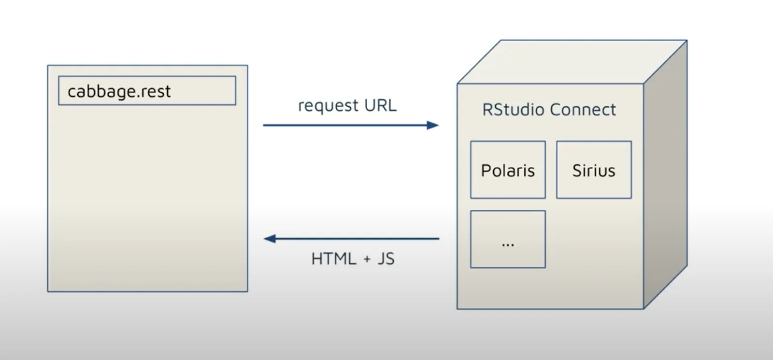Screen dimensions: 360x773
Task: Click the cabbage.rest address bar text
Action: pos(119,91)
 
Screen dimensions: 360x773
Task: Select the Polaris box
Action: pos(508,170)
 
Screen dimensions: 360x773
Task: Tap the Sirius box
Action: pos(594,170)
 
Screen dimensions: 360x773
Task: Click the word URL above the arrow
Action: pos(380,105)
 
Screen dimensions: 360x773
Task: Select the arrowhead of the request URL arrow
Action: pos(433,125)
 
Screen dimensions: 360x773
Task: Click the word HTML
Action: pos(333,259)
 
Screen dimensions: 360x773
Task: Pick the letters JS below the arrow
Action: pos(386,259)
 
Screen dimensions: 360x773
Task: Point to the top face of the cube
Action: pos(570,62)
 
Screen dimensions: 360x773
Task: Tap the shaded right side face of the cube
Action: pos(665,174)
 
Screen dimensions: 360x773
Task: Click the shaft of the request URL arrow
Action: pos(343,125)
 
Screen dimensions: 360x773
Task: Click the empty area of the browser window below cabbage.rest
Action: pos(147,198)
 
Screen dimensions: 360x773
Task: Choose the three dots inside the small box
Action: pos(508,245)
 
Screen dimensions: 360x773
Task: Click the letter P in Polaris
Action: pos(485,171)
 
